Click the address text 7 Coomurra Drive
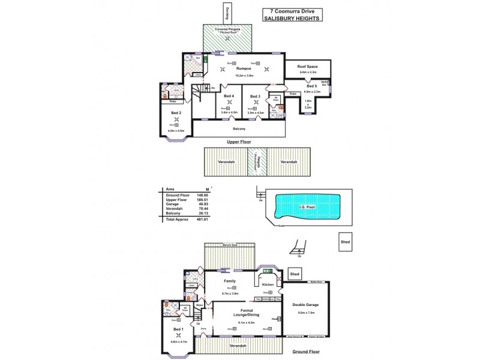click(292, 11)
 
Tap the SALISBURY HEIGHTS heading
click(292, 18)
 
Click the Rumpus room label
click(243, 69)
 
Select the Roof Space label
click(308, 66)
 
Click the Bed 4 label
click(229, 96)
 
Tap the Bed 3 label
click(255, 96)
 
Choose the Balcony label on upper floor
click(239, 128)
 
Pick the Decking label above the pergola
click(227, 11)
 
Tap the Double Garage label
click(306, 305)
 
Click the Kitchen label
click(268, 284)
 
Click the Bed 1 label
click(179, 329)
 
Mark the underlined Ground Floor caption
click(307, 352)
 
